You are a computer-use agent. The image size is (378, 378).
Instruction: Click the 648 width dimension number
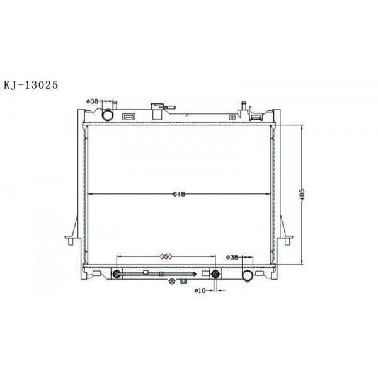(x=180, y=194)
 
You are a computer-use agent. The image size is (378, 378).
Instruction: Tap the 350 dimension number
(x=166, y=256)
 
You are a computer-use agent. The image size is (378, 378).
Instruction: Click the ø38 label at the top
(x=93, y=101)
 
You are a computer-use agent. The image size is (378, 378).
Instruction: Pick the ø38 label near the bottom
(x=232, y=257)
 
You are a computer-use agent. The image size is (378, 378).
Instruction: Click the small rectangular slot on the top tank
(x=129, y=117)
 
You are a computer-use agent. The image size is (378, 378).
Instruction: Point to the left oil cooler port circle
(x=117, y=274)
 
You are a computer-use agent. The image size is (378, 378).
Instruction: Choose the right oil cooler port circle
(x=215, y=274)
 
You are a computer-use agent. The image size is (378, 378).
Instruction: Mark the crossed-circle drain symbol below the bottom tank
(x=171, y=282)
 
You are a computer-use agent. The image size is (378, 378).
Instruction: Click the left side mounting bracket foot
(x=70, y=240)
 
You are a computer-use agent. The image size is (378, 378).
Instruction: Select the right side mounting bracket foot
(x=289, y=239)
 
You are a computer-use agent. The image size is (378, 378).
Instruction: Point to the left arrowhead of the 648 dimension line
(x=89, y=194)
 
